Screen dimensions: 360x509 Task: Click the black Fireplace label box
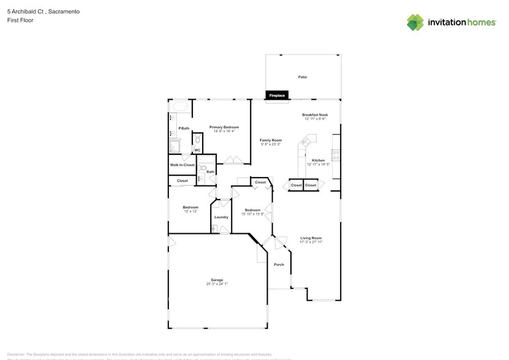pos(277,96)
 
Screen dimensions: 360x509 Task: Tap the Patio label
pos(302,77)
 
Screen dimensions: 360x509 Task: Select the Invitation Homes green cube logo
pos(415,22)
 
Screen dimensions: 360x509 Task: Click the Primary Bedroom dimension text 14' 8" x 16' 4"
pos(224,131)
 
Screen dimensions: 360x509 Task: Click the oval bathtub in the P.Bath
pos(181,107)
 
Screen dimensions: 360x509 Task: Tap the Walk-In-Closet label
pos(182,165)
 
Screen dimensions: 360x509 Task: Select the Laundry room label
pos(221,217)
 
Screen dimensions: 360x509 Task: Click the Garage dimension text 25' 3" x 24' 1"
pos(217,284)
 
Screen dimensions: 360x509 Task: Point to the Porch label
pos(279,264)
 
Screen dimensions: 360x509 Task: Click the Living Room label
pos(311,238)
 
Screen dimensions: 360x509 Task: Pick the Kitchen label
pos(318,160)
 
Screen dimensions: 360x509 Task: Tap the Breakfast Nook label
pos(315,114)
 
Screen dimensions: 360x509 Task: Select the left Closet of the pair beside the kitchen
pos(296,185)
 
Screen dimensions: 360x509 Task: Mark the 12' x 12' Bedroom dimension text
pos(190,211)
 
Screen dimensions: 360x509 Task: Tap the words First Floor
pos(21,20)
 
